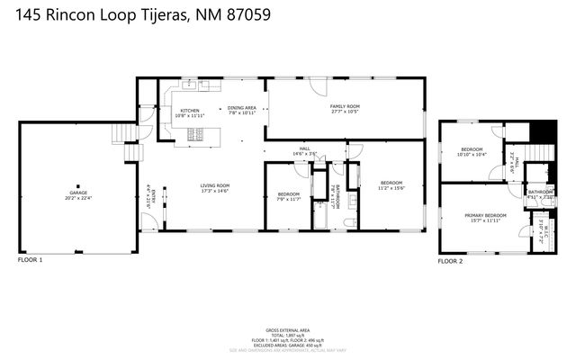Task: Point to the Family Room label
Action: click(344, 106)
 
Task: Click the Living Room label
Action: click(214, 185)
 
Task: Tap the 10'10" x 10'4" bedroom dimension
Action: click(472, 155)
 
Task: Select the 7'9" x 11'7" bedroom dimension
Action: click(288, 199)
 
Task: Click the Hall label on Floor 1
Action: click(304, 148)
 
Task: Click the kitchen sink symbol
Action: click(191, 86)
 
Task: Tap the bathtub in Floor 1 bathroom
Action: click(319, 216)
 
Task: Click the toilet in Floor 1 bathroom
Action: click(354, 221)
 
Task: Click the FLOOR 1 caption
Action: click(30, 260)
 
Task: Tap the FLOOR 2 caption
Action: click(450, 260)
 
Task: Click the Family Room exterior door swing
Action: click(316, 87)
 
